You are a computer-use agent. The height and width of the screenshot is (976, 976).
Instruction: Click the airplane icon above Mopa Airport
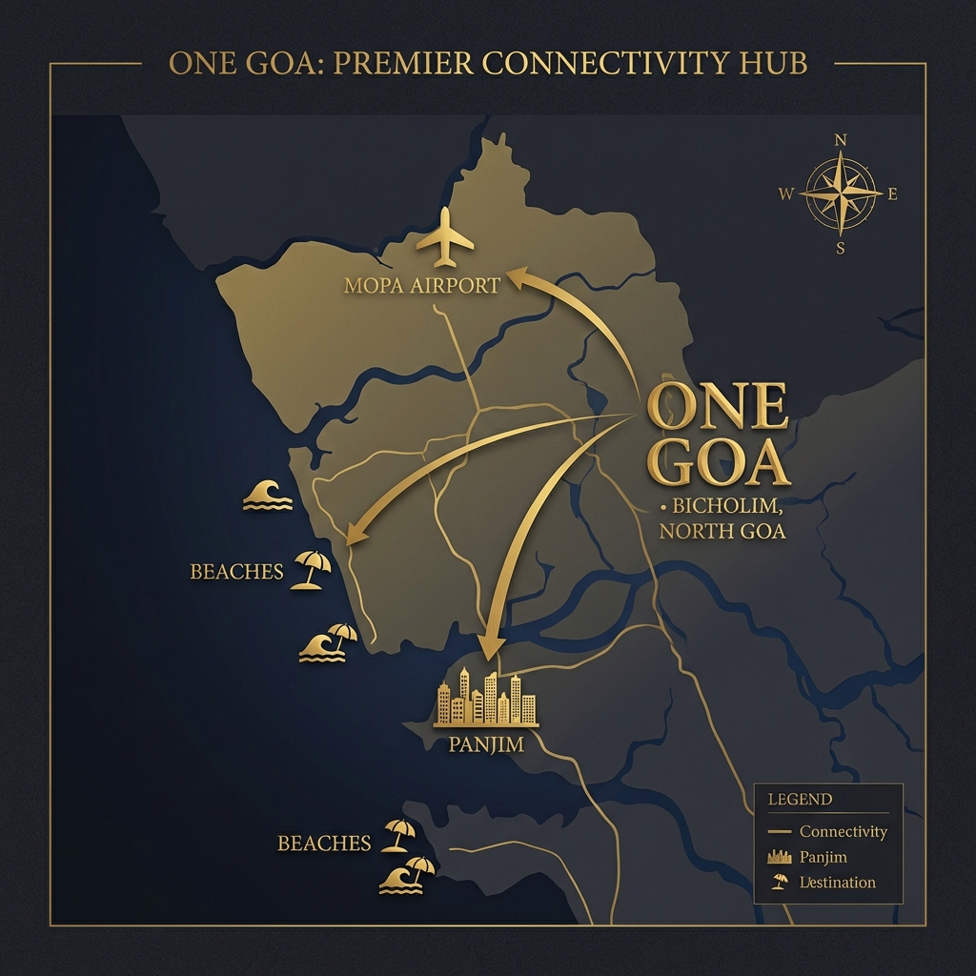click(x=445, y=238)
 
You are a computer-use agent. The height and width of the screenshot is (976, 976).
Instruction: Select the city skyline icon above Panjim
click(x=486, y=699)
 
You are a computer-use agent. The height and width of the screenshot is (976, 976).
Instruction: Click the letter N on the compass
click(x=840, y=140)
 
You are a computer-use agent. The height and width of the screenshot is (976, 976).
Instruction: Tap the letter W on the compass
click(x=786, y=194)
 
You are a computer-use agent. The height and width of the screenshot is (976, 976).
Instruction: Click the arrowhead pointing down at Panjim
click(x=490, y=648)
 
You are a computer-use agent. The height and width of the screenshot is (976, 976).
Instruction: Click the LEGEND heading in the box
click(x=800, y=800)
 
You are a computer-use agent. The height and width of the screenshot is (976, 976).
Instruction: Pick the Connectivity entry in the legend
click(x=843, y=832)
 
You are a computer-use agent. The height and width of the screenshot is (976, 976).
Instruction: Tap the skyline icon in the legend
click(x=780, y=857)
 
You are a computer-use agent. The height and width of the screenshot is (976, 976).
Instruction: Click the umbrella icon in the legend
click(x=780, y=882)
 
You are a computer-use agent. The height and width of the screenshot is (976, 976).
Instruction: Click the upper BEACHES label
click(x=236, y=572)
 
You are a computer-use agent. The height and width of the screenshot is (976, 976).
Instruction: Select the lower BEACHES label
click(x=324, y=844)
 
